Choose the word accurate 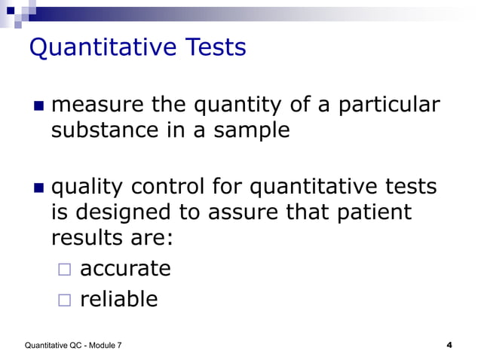[125, 268]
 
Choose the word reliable [119, 299]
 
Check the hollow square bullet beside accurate [64, 270]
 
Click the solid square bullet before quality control [38, 185]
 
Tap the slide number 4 [449, 345]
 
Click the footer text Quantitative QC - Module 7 [74, 346]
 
